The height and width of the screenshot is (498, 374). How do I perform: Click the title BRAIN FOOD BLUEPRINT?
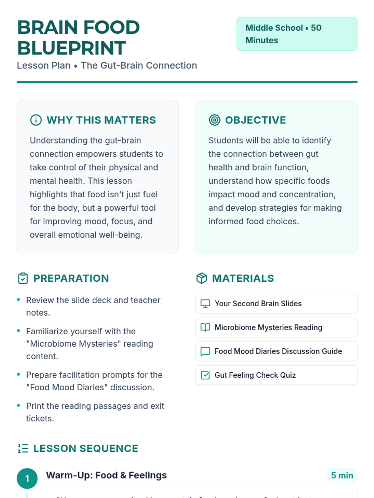pyautogui.click(x=79, y=37)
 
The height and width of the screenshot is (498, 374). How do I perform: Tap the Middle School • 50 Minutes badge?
pyautogui.click(x=297, y=34)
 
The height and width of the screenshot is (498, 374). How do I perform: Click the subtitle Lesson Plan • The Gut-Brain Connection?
pyautogui.click(x=107, y=66)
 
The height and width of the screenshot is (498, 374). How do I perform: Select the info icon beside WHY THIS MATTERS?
pyautogui.click(x=36, y=120)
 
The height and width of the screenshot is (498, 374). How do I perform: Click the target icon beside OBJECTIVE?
pyautogui.click(x=214, y=120)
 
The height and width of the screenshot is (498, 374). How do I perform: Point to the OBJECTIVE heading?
pyautogui.click(x=255, y=120)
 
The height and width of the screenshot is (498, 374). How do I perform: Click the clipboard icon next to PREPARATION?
pyautogui.click(x=23, y=278)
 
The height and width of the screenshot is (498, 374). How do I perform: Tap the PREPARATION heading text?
pyautogui.click(x=71, y=278)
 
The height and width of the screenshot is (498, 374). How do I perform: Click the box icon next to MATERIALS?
pyautogui.click(x=202, y=278)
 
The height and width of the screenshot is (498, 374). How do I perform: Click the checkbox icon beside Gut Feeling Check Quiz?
pyautogui.click(x=205, y=375)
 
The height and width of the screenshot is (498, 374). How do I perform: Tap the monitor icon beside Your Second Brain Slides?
pyautogui.click(x=205, y=303)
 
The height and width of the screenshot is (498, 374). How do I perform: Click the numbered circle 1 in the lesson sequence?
pyautogui.click(x=27, y=478)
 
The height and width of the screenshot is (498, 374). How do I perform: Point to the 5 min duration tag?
pyautogui.click(x=342, y=476)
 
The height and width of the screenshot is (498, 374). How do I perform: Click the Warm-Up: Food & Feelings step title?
pyautogui.click(x=106, y=475)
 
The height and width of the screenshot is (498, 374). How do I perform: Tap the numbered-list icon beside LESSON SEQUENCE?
pyautogui.click(x=23, y=449)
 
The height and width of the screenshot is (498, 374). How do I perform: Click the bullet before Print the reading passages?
pyautogui.click(x=18, y=406)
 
